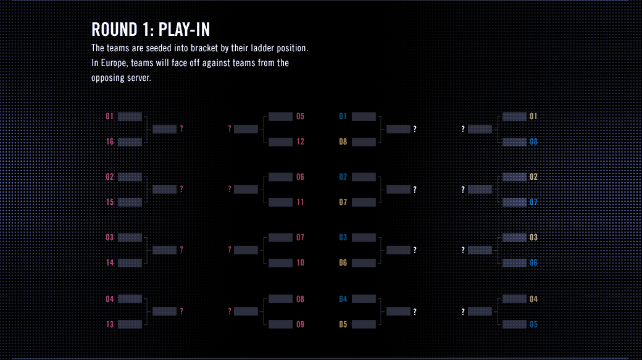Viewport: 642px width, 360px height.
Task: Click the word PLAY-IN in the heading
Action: coord(184,30)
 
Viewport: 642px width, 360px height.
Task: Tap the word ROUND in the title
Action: coord(114,30)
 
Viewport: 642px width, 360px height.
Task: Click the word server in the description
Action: coord(139,78)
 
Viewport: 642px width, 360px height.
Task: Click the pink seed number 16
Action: coord(110,141)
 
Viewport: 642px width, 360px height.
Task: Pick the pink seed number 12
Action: coord(300,141)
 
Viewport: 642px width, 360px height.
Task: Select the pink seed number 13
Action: coord(110,324)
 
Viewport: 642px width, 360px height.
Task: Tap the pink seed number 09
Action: coord(300,324)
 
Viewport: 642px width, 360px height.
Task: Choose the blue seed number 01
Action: coord(343,116)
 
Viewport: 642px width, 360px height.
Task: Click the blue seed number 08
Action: coord(533,141)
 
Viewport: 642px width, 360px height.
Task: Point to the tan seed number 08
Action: coord(343,141)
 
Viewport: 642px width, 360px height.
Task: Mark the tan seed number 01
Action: coord(533,116)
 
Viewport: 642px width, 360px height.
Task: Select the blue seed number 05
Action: coord(533,324)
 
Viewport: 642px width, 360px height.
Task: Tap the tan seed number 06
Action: coord(343,262)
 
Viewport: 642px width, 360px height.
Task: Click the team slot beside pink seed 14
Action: coord(130,263)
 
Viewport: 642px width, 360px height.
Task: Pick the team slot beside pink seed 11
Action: coord(280,203)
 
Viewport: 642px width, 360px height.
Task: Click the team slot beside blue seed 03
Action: coord(364,238)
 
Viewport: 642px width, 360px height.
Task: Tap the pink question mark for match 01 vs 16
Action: coord(181,128)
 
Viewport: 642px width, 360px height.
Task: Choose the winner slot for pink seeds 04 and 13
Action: coord(164,312)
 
